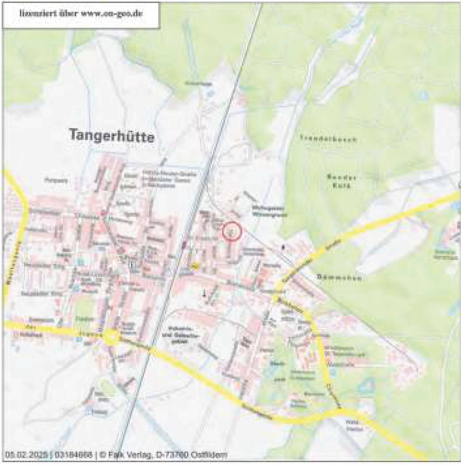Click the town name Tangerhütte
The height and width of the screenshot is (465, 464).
pyautogui.click(x=112, y=135)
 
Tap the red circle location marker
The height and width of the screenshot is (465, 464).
pyautogui.click(x=232, y=231)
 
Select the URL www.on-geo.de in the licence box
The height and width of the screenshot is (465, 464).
pyautogui.click(x=112, y=14)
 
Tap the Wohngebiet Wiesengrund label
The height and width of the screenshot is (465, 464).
pyautogui.click(x=269, y=211)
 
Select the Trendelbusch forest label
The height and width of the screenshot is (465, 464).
pyautogui.click(x=328, y=139)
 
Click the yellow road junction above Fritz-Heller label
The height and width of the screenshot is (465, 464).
pyautogui.click(x=341, y=412)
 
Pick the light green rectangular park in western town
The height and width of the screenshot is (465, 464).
pyautogui.click(x=84, y=311)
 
